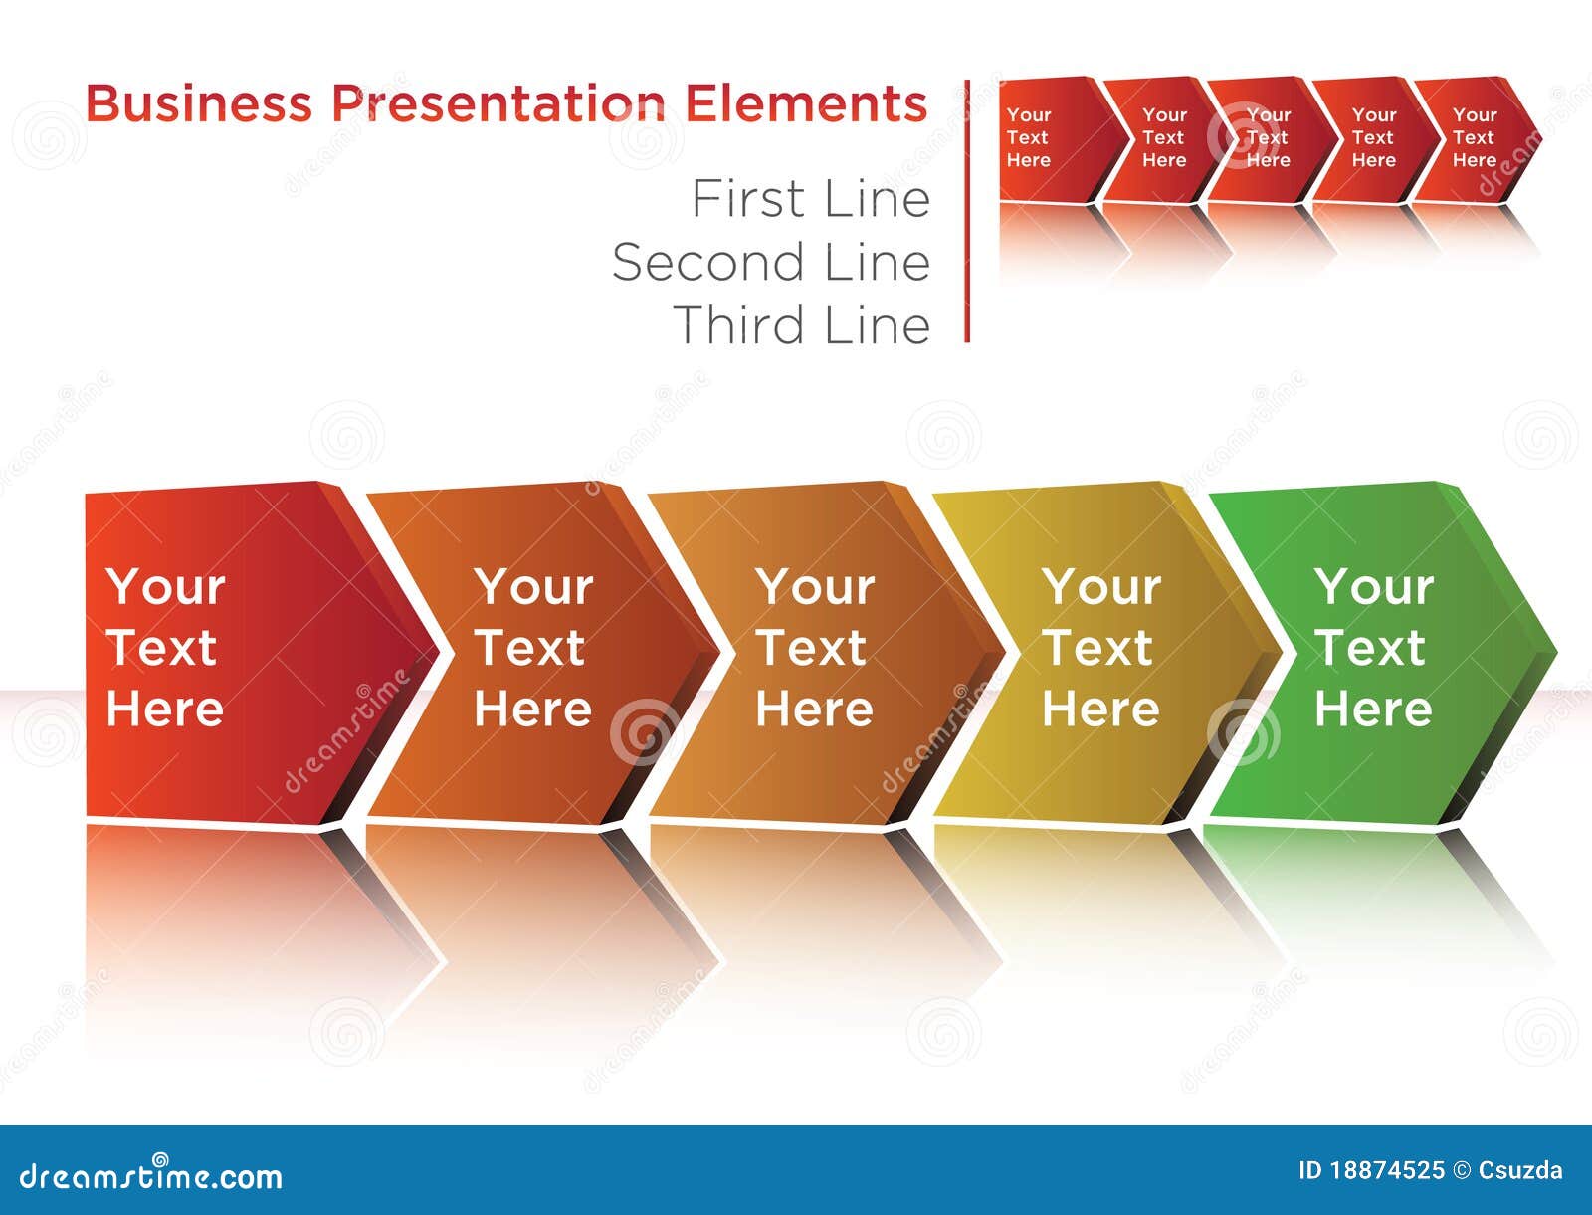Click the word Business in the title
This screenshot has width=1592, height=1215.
pyautogui.click(x=199, y=103)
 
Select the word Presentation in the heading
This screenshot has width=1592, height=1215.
pyautogui.click(x=498, y=103)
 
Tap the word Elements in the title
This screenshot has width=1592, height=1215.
pyautogui.click(x=806, y=103)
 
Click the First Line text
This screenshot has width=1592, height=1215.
pyautogui.click(x=811, y=198)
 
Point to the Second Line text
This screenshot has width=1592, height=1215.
pyautogui.click(x=771, y=261)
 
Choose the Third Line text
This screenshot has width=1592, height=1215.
pyautogui.click(x=801, y=325)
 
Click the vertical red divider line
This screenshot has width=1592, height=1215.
pyautogui.click(x=967, y=210)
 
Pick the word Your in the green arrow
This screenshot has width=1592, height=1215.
pyautogui.click(x=1374, y=586)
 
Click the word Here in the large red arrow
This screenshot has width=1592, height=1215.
pyautogui.click(x=164, y=708)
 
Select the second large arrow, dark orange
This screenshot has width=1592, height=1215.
pyautogui.click(x=536, y=653)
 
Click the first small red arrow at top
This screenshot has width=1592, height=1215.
pyautogui.click(x=1059, y=139)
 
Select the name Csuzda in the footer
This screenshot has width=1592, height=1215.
pyautogui.click(x=1520, y=1170)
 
